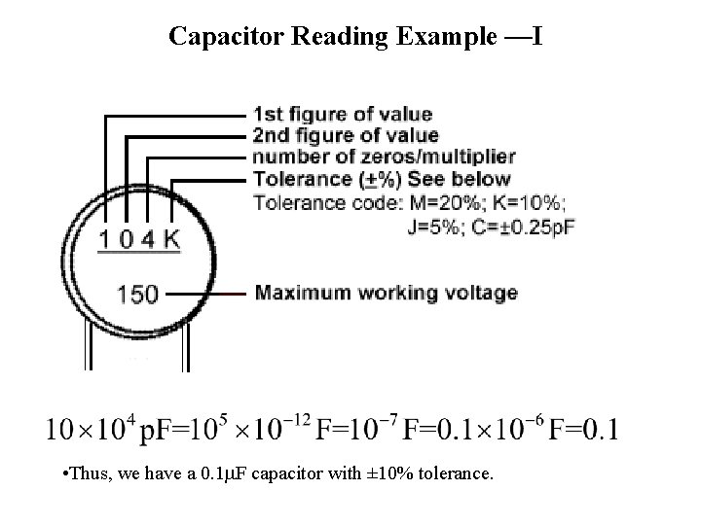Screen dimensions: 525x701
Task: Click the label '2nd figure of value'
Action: (x=346, y=136)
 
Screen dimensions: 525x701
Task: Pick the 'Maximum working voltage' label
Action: (x=386, y=293)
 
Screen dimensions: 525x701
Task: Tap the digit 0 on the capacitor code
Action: (x=127, y=238)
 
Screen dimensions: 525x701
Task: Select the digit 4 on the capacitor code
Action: (x=148, y=238)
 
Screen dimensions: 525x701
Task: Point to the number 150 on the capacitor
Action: (x=137, y=292)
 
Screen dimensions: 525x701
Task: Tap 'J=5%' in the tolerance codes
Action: (x=431, y=227)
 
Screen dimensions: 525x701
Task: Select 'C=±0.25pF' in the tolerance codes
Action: (x=508, y=227)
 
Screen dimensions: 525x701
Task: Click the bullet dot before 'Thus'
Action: (x=63, y=475)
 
